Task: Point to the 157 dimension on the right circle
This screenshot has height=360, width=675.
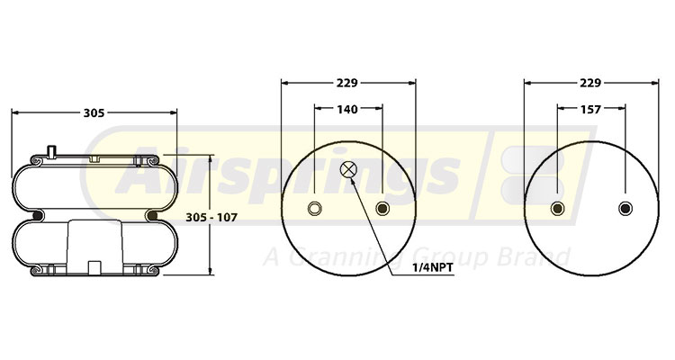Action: point(591,110)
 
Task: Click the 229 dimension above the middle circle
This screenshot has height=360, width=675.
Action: point(348,83)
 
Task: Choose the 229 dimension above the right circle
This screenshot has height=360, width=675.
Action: point(591,83)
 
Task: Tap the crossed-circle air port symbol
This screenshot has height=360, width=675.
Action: point(348,169)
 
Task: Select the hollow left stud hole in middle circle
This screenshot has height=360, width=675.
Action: point(314,210)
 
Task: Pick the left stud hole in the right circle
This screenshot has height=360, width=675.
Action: point(556,210)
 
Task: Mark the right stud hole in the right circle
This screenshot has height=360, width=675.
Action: point(625,210)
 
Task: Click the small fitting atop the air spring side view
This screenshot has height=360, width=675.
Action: point(52,151)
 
